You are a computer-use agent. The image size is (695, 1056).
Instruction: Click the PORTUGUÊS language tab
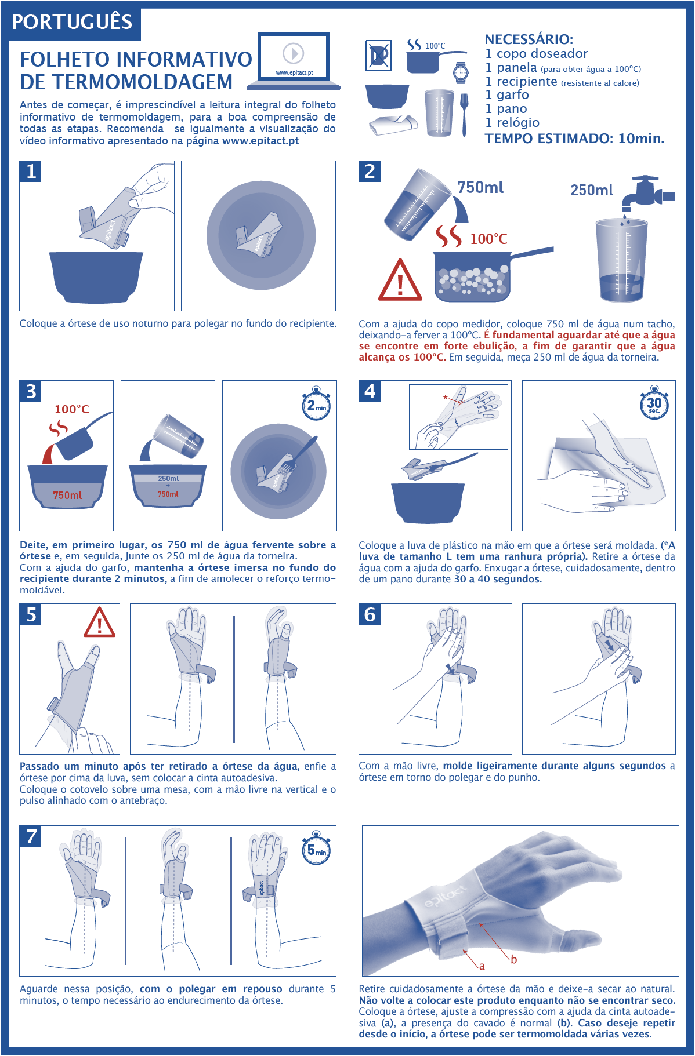[x=71, y=22]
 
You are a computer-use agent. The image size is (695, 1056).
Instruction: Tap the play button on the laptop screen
[x=294, y=53]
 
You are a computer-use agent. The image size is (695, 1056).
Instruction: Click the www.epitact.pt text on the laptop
[x=294, y=73]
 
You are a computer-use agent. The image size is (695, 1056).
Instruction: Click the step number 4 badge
[x=370, y=391]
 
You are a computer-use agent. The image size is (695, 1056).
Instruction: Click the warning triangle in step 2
[x=400, y=281]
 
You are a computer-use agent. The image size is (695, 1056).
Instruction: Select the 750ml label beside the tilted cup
[x=480, y=187]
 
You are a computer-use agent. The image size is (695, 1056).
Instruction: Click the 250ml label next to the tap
[x=592, y=190]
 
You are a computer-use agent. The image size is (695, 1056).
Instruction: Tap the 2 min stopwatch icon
[x=316, y=404]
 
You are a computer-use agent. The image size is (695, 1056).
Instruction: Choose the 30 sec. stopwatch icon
[x=654, y=403]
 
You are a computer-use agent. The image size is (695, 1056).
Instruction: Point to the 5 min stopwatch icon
[x=316, y=849]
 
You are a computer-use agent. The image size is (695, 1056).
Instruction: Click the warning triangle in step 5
[x=100, y=623]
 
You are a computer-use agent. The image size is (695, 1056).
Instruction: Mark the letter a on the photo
[x=482, y=966]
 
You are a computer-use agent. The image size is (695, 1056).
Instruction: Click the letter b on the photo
[x=513, y=959]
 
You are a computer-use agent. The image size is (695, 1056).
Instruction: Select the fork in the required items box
[x=464, y=115]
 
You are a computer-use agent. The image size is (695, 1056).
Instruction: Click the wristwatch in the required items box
[x=461, y=72]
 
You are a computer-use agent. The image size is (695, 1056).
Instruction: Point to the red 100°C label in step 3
[x=72, y=409]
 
